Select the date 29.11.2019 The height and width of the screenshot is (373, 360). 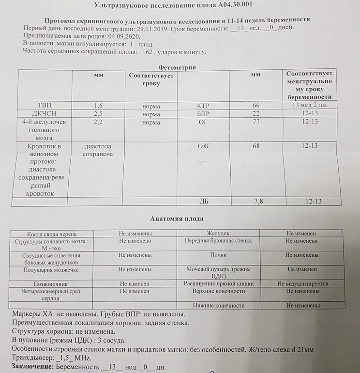154,28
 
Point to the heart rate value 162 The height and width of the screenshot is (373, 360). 148,51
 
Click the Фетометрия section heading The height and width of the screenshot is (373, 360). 177,67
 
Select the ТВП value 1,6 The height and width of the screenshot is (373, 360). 98,105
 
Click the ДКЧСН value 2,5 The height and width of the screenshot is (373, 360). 98,113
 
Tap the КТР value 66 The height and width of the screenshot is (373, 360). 256,105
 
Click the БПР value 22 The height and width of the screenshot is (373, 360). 256,113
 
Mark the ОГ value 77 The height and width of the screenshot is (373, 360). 256,122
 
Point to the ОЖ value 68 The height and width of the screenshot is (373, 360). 256,146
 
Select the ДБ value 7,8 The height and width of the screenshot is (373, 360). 259,202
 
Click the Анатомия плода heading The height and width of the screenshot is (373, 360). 177,219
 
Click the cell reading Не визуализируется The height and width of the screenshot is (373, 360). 302,284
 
